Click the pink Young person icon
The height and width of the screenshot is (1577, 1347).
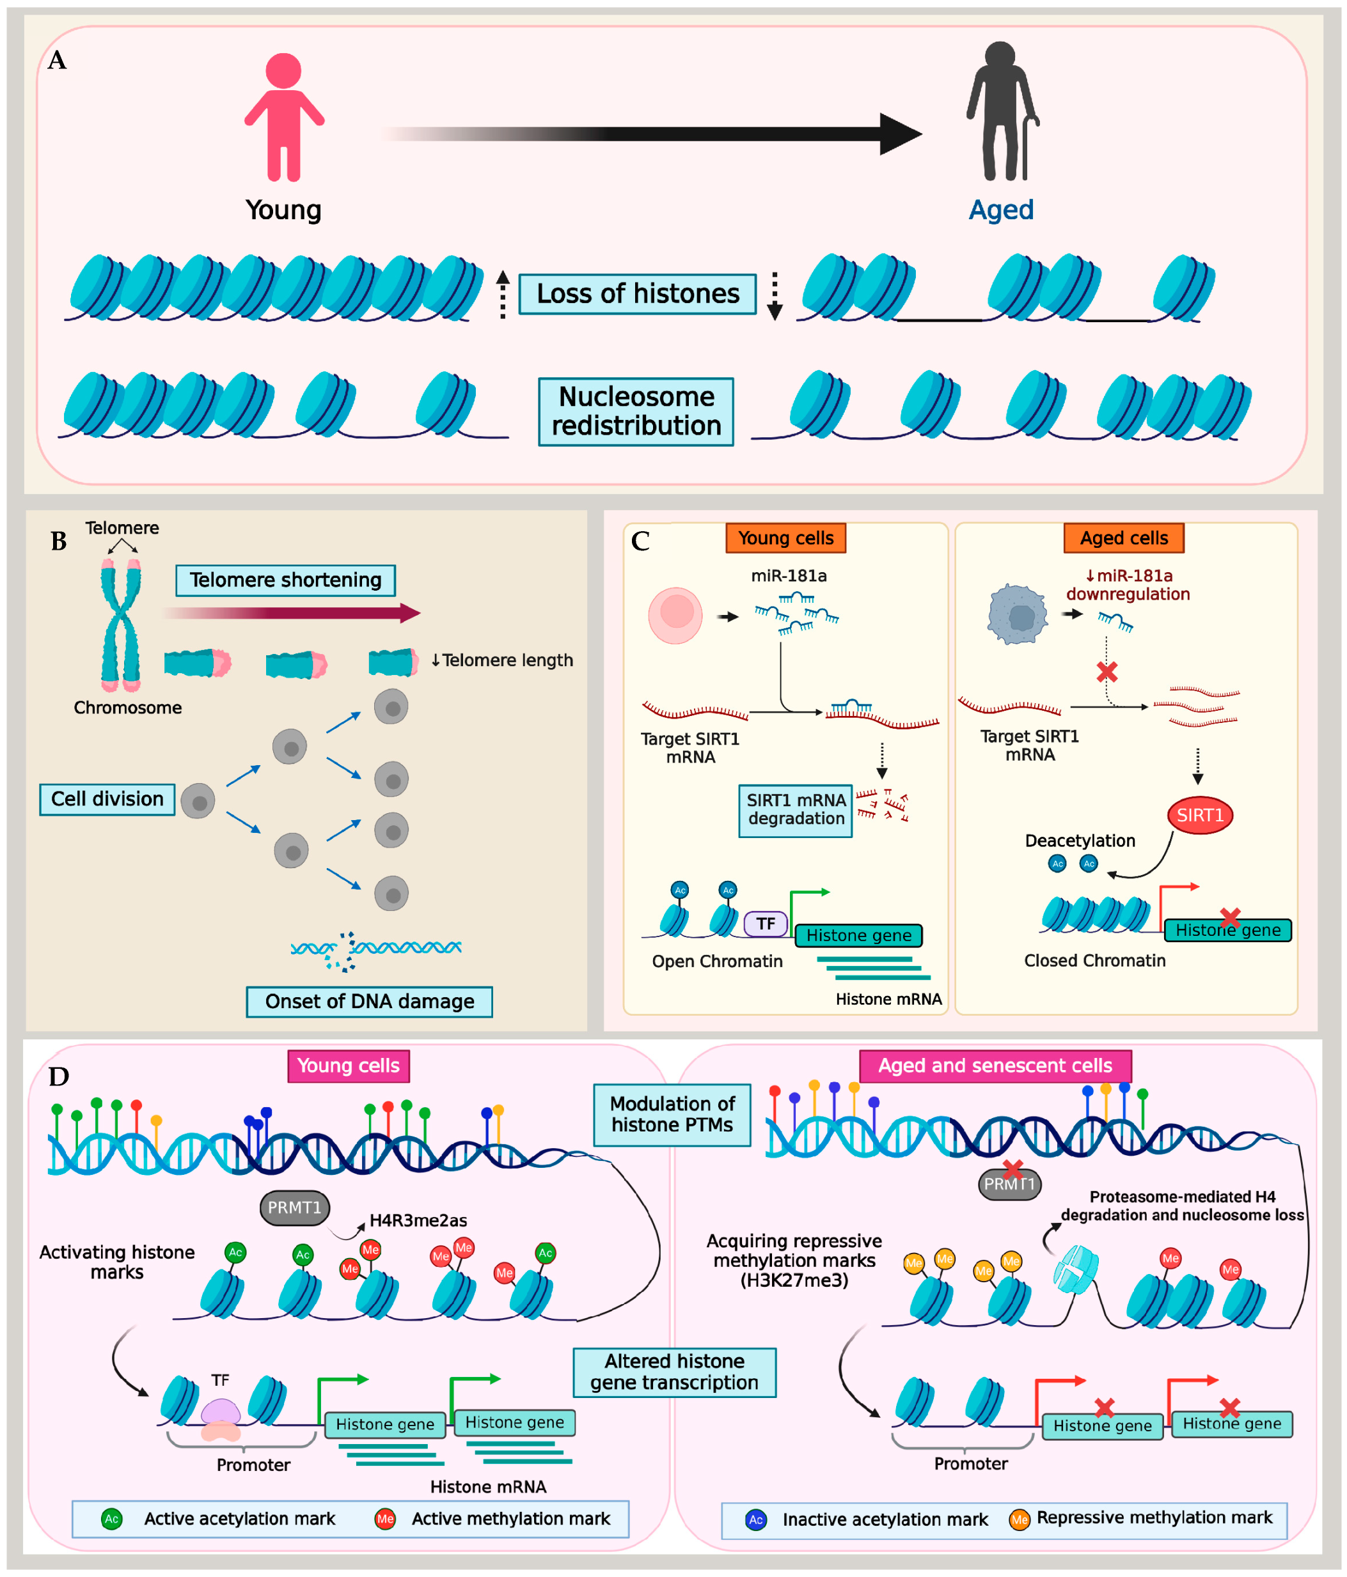pyautogui.click(x=284, y=118)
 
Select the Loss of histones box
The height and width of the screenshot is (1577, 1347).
pyautogui.click(x=637, y=294)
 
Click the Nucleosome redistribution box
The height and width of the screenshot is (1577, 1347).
pyautogui.click(x=636, y=412)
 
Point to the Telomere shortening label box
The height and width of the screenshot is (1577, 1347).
pyautogui.click(x=285, y=580)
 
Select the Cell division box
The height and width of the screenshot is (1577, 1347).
pyautogui.click(x=107, y=799)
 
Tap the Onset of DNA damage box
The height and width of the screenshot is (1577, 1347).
pyautogui.click(x=369, y=1002)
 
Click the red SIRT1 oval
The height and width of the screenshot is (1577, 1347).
pyautogui.click(x=1199, y=815)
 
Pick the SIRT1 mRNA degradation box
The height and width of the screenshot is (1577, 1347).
pyautogui.click(x=796, y=810)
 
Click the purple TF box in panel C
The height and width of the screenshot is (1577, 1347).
pyautogui.click(x=765, y=924)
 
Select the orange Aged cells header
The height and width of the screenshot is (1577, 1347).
pyautogui.click(x=1123, y=538)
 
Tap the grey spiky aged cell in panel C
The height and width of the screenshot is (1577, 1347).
pyautogui.click(x=1018, y=614)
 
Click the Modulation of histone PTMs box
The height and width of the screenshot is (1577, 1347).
pyautogui.click(x=672, y=1114)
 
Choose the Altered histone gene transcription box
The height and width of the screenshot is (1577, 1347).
pyautogui.click(x=675, y=1372)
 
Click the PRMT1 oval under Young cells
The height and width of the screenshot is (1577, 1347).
pyautogui.click(x=295, y=1208)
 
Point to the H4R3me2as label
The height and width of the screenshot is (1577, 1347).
pyautogui.click(x=418, y=1221)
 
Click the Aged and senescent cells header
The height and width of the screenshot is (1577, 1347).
pyautogui.click(x=995, y=1066)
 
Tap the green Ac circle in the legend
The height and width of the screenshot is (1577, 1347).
pyautogui.click(x=112, y=1519)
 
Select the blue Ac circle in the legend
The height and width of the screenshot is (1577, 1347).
pyautogui.click(x=755, y=1520)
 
